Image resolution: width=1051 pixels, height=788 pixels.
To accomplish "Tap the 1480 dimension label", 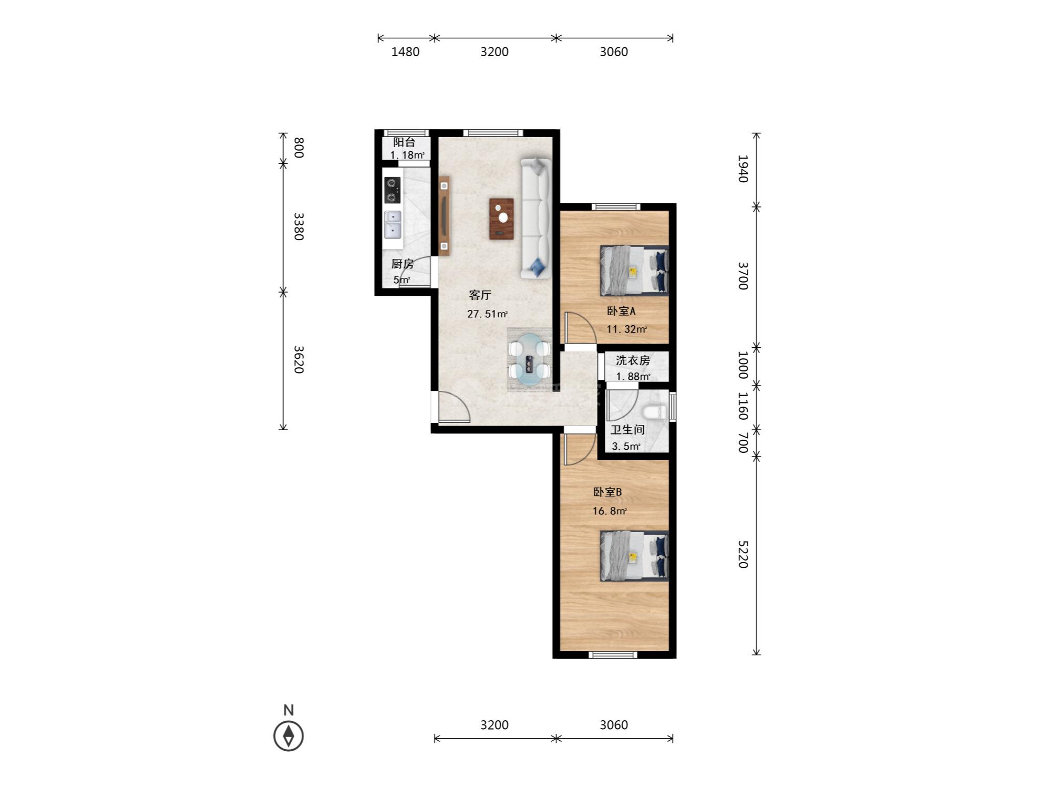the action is tap(406, 52).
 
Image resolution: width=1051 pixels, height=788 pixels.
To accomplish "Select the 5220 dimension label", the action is tap(742, 554).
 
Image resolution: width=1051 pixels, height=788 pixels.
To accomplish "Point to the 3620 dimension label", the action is tap(298, 359).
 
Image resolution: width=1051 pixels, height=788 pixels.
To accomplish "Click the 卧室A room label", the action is tap(621, 311).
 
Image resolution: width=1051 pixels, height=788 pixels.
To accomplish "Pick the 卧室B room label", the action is tap(607, 492).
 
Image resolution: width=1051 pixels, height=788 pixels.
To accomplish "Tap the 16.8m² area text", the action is tap(610, 511).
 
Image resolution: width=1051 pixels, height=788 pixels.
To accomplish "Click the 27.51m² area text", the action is tap(487, 314).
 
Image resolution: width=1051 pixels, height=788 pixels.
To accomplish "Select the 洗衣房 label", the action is tap(633, 360).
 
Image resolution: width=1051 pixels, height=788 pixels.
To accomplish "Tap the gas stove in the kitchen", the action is tap(392, 190).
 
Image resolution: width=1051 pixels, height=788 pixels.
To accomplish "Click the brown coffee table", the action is tap(501, 219).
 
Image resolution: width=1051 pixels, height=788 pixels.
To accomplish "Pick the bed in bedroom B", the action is tap(634, 556).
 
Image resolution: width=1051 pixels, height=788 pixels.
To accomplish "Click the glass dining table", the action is tap(529, 360).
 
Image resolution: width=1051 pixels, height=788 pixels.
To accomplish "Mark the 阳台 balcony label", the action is tap(405, 142).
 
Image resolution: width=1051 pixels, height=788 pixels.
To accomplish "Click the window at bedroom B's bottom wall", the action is tap(613, 655).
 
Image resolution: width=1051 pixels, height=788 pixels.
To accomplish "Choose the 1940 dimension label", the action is tap(742, 169).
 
